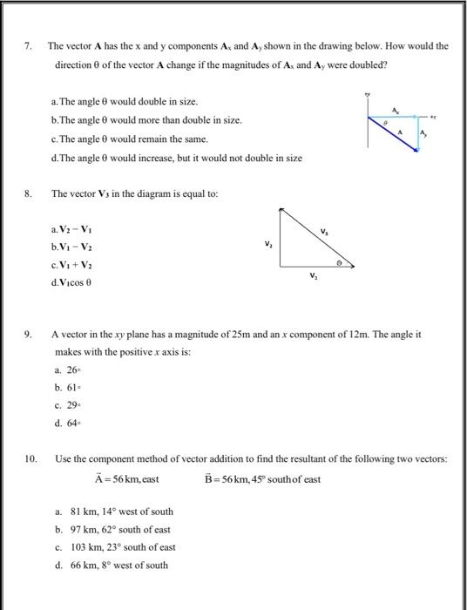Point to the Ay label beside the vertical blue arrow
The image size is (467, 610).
pos(425,133)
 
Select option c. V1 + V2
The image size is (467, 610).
pos(78,266)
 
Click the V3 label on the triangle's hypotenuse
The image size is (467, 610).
pos(325,232)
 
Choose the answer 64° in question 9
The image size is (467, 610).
pos(66,424)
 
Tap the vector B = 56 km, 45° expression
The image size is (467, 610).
pos(262,478)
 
